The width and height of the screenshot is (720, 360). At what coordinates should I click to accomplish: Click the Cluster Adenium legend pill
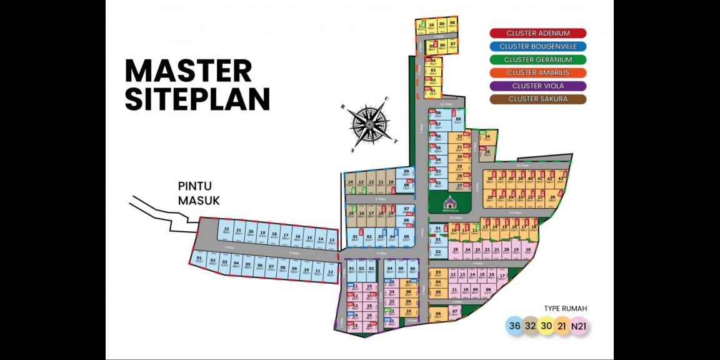537,33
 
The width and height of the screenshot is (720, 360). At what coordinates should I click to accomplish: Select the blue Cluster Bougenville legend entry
537,46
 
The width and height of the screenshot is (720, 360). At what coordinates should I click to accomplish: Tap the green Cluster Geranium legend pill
537,60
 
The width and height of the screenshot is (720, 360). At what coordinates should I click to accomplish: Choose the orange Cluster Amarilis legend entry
537,73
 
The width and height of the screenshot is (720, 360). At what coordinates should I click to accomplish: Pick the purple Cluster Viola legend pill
537,86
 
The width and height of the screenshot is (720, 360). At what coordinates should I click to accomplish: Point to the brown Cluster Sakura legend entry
537,99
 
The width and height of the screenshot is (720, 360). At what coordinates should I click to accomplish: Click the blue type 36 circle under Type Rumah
514,326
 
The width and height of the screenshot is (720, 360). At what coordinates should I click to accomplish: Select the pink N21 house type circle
580,326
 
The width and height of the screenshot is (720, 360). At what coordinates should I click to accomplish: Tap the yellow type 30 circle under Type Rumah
547,326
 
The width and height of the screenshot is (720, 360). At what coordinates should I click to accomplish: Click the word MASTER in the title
188,71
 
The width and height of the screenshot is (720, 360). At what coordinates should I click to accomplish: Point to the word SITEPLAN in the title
197,99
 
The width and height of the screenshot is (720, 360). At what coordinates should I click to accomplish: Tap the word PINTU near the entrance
195,186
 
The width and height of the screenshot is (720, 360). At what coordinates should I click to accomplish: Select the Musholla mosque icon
449,202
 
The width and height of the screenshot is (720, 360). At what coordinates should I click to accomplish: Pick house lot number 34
487,138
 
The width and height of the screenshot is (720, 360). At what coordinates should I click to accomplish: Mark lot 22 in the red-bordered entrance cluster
227,231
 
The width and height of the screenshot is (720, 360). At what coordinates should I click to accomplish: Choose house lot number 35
487,152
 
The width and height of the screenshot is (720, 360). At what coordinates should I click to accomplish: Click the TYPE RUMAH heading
566,309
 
